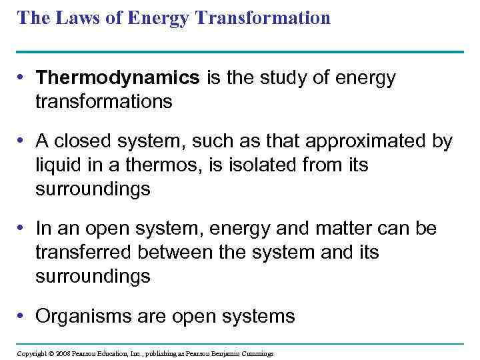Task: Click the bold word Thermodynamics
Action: tap(118, 78)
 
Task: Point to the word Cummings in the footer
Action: tap(256, 353)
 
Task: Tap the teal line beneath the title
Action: tap(240, 52)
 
